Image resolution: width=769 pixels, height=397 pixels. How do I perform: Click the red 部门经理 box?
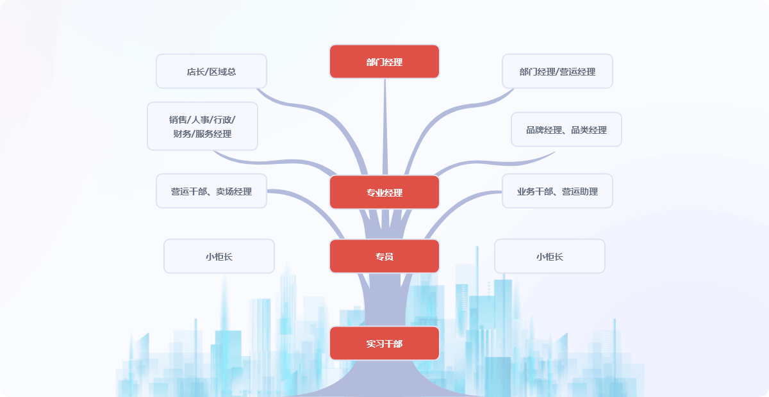tap(384, 62)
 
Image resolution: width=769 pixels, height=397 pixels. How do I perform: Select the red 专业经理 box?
tap(384, 192)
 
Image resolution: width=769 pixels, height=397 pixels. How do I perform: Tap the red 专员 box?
tap(384, 256)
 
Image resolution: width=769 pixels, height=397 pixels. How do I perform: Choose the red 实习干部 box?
tap(384, 343)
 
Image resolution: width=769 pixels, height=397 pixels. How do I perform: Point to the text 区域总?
tap(223, 72)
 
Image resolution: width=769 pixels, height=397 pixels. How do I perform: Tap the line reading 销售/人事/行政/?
tap(203, 120)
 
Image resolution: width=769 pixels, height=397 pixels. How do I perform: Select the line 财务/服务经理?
tap(203, 134)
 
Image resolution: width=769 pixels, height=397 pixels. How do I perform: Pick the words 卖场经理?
tap(234, 191)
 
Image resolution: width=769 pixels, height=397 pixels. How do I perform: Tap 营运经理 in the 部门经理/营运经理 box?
tap(578, 72)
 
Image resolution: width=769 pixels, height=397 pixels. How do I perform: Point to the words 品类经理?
tap(589, 130)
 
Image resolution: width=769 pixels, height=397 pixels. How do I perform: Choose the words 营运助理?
tap(580, 191)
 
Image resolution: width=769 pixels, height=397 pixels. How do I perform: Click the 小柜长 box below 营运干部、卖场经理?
tap(219, 257)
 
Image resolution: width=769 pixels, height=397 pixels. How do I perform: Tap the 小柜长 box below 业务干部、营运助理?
tap(550, 257)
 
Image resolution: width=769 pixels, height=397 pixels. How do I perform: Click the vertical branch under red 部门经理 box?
tap(385, 122)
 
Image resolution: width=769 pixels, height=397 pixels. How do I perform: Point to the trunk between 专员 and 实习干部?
tap(383, 298)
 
